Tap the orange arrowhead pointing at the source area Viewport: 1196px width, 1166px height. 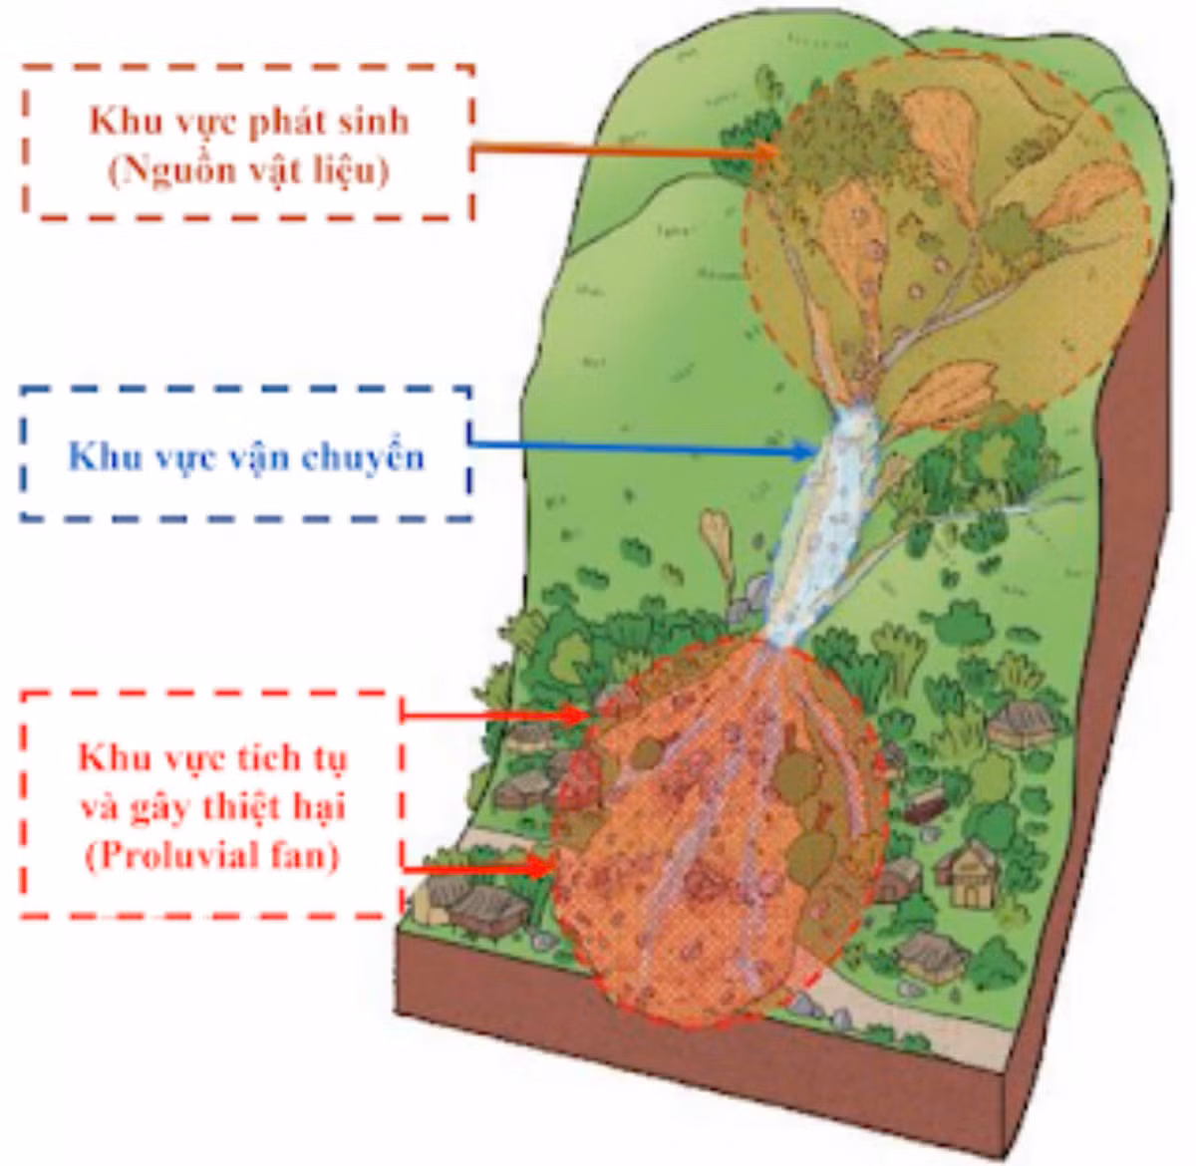[x=765, y=151]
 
